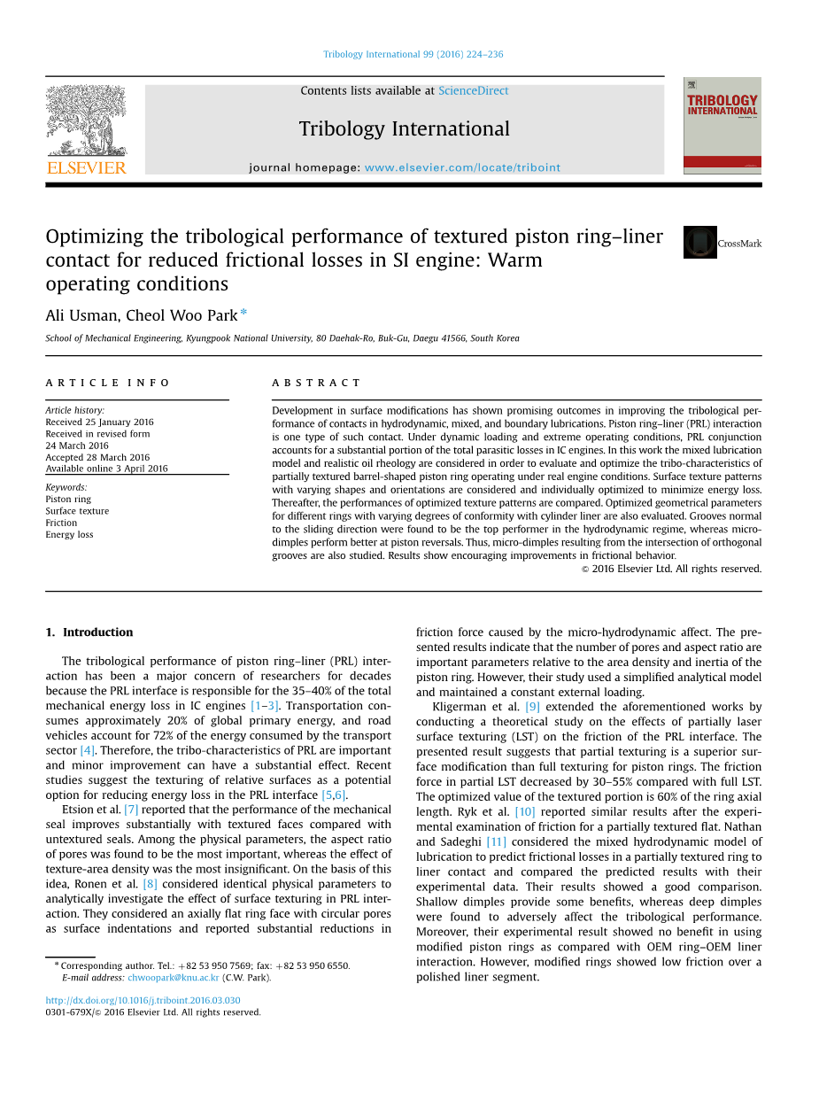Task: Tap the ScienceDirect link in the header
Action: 473,90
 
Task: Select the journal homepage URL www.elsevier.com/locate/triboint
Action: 462,167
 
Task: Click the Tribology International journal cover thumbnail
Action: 722,125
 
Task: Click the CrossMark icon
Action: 699,243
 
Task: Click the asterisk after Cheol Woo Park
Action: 243,314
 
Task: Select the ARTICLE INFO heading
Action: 108,383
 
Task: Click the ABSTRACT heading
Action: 316,383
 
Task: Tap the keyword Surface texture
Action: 77,511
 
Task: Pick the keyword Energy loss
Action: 69,534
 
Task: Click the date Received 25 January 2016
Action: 99,422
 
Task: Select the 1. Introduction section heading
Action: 89,632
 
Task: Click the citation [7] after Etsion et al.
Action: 131,810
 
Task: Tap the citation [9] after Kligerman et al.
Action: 532,707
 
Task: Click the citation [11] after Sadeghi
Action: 496,842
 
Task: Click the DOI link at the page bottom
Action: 143,1001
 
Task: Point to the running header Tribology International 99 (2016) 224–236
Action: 413,54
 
